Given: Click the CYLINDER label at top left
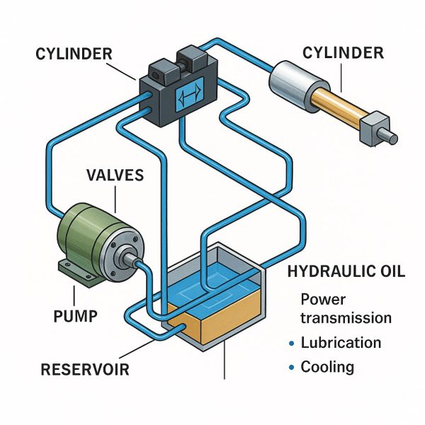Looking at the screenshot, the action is point(74,54).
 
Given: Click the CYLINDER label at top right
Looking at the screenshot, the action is point(343,53).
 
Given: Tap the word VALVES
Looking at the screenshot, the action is point(115,175).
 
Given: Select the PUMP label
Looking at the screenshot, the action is point(75,316).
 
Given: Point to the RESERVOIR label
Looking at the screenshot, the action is point(85,370).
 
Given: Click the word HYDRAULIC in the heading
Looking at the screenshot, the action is point(331,271).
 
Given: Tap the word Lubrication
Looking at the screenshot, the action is point(341,343).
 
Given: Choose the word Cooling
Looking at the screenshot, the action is point(327,367).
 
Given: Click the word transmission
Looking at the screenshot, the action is point(346,317).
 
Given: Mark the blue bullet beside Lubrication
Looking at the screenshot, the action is point(292,344).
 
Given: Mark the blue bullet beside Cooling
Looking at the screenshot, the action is point(292,368).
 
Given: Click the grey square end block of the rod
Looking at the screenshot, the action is point(375,128).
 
